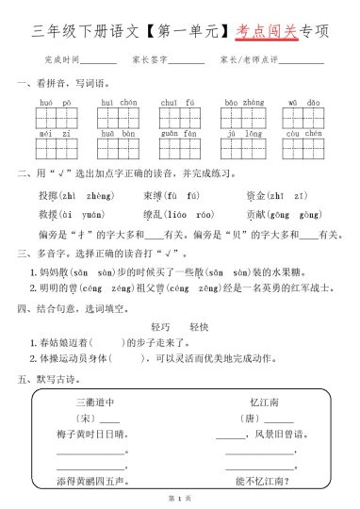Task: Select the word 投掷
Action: click(48, 195)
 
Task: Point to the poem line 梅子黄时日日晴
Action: click(90, 435)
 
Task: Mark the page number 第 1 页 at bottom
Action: click(179, 497)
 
